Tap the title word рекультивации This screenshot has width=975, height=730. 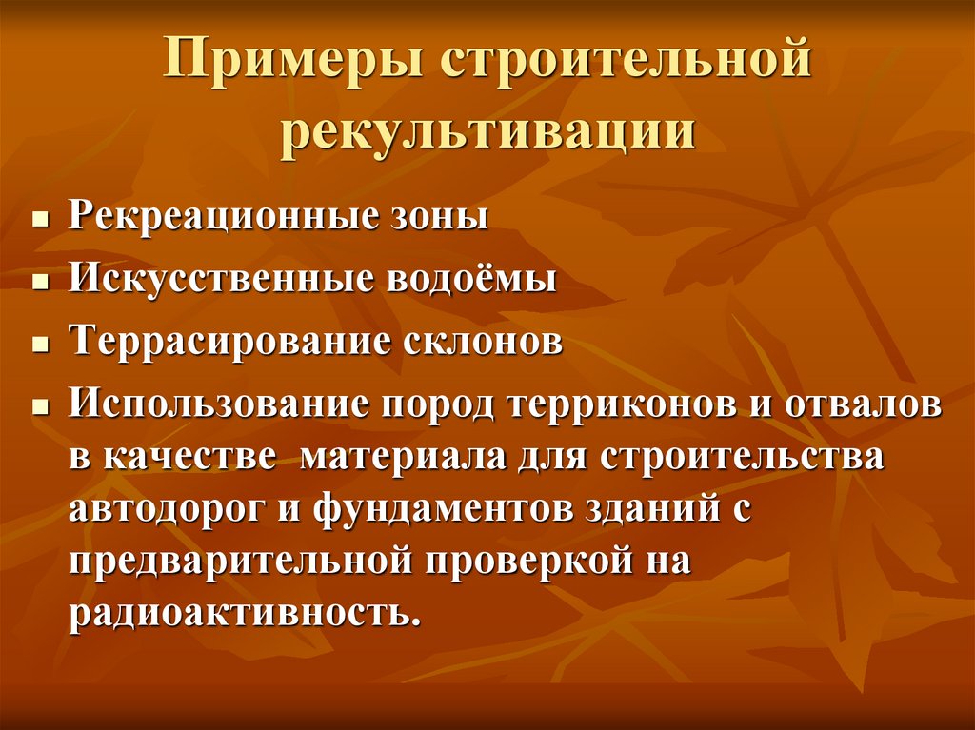pos(487,132)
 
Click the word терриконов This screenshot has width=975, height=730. pos(623,404)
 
